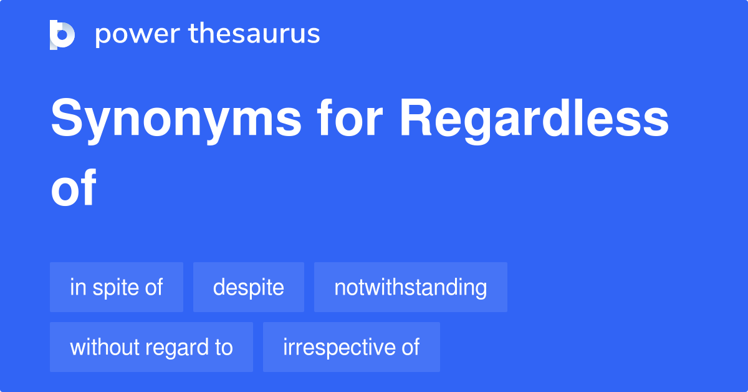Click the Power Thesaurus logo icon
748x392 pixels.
pyautogui.click(x=62, y=34)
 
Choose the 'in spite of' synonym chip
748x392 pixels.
pyautogui.click(x=117, y=287)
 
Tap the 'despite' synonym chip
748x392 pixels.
pyautogui.click(x=249, y=287)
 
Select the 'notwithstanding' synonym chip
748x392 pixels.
pyautogui.click(x=411, y=287)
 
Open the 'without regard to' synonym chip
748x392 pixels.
pyautogui.click(x=151, y=347)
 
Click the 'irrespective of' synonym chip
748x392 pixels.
pyautogui.click(x=352, y=347)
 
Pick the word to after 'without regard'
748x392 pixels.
pyautogui.click(x=223, y=347)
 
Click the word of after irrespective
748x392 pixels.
pyautogui.click(x=410, y=347)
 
